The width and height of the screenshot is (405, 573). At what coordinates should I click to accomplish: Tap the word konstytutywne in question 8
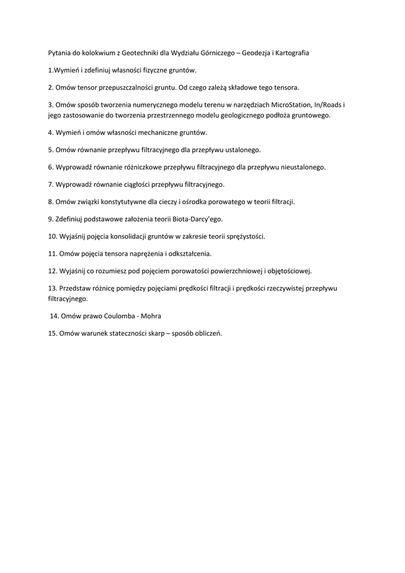tap(125, 201)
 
